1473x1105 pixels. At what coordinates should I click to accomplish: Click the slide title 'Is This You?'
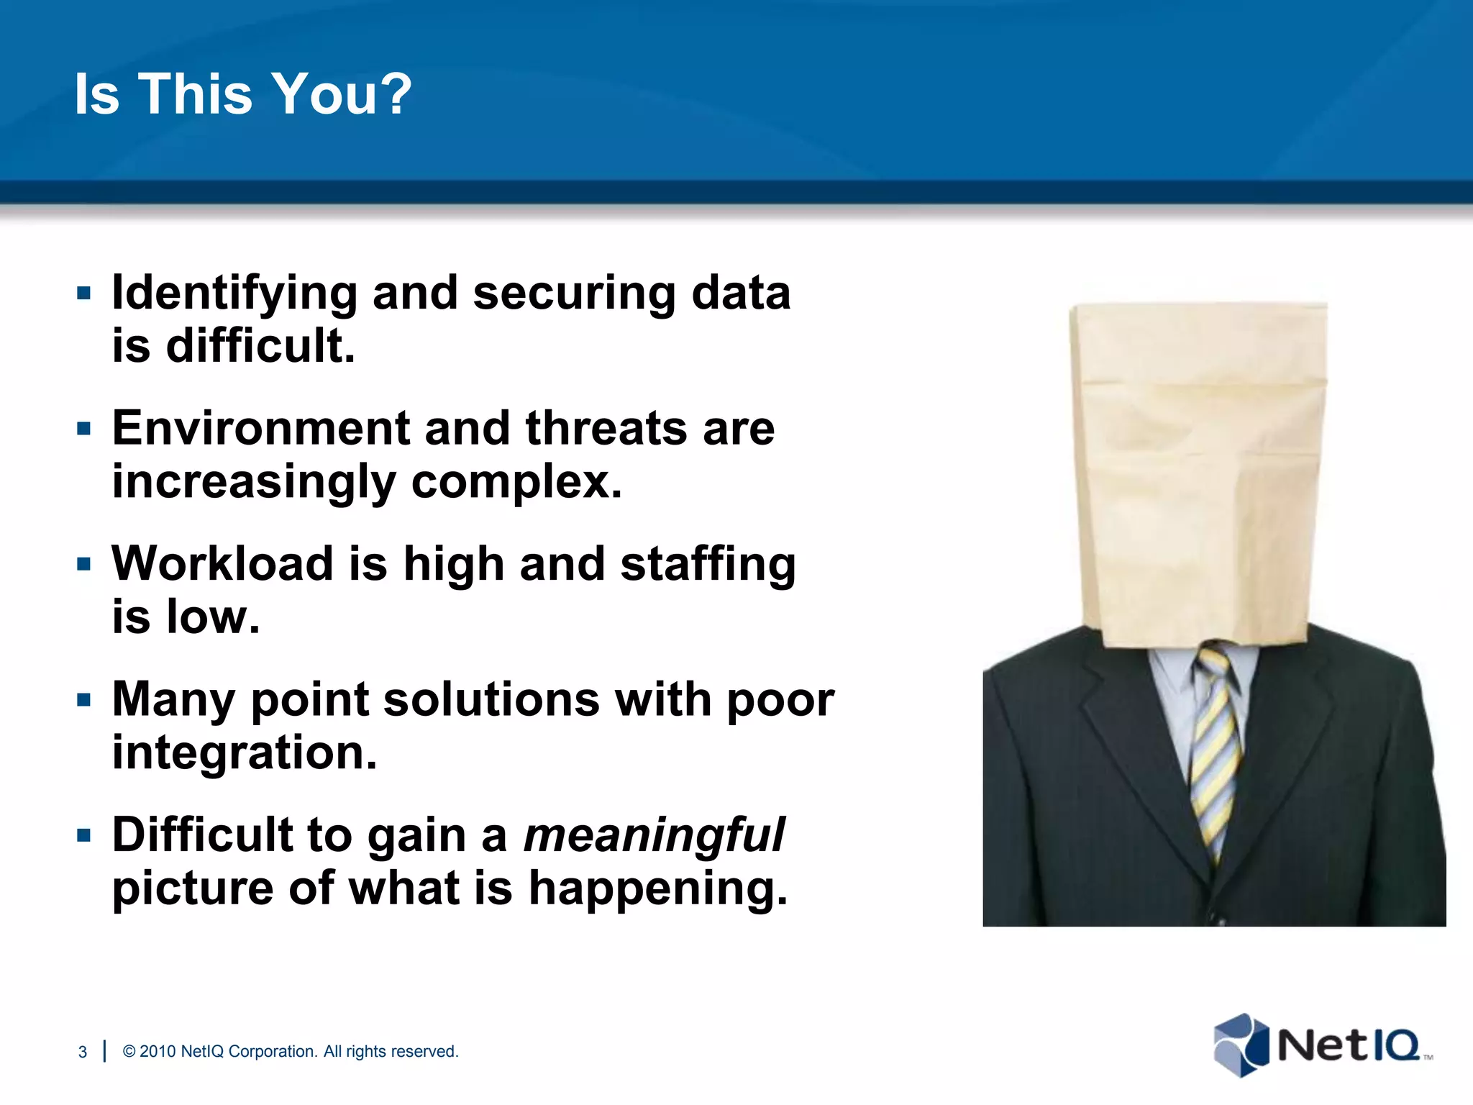tap(243, 94)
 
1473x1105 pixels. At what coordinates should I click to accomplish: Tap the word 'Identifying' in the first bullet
tap(234, 294)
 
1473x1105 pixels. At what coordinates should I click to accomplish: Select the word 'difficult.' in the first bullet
tap(260, 346)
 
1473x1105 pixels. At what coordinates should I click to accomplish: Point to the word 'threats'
tap(606, 429)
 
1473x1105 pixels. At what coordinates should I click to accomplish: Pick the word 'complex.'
tap(516, 481)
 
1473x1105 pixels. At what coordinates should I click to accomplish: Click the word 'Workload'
tap(222, 564)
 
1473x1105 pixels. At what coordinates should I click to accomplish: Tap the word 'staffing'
tap(708, 565)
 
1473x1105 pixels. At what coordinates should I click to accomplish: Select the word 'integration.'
tap(245, 752)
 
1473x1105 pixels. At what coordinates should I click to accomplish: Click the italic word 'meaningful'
tap(653, 835)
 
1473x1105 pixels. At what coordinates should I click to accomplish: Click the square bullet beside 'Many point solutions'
tap(84, 700)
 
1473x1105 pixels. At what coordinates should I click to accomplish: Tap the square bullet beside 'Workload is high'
tap(84, 564)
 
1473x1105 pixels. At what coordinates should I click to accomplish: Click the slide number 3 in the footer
tap(83, 1052)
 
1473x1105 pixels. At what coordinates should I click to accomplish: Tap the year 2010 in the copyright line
tap(158, 1052)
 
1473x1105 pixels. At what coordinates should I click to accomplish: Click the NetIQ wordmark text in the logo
tap(1349, 1045)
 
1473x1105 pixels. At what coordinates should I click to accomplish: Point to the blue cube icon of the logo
tap(1241, 1045)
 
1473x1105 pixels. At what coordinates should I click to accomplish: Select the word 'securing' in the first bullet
tap(574, 294)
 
